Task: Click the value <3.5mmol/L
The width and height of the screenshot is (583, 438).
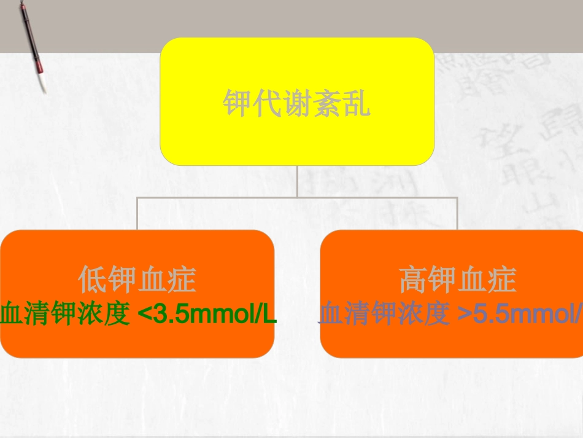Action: (x=207, y=315)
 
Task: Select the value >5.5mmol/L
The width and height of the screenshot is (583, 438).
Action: (x=522, y=315)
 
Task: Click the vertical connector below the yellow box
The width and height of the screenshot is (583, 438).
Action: (x=297, y=181)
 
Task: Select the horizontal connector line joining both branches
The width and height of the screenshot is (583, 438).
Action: (x=297, y=197)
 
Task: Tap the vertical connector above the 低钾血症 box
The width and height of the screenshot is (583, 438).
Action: (x=137, y=213)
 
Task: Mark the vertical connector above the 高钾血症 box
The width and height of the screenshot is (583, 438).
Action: (x=457, y=213)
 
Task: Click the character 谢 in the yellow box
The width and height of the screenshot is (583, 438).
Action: (x=296, y=104)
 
